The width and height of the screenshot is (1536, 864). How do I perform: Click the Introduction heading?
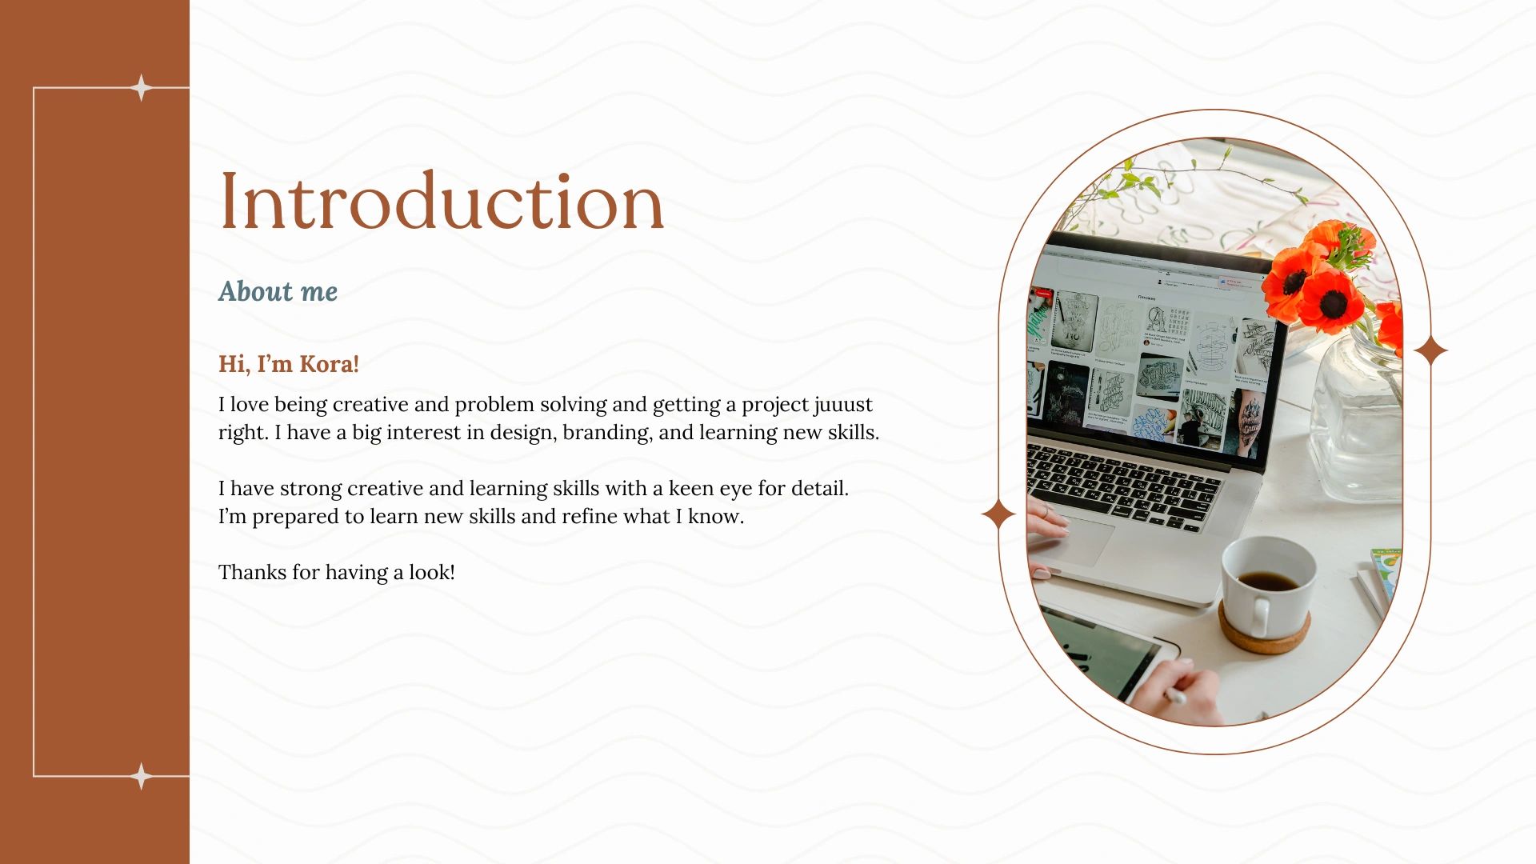tap(442, 201)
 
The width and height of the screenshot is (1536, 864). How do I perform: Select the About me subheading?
tap(278, 291)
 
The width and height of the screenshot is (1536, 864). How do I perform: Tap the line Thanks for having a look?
tap(337, 572)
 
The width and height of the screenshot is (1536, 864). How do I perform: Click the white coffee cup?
tap(1267, 583)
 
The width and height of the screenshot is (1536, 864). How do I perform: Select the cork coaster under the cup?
tap(1264, 632)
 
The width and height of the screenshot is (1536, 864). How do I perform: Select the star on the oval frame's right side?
tap(1430, 350)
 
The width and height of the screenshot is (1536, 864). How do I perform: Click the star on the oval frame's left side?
tap(998, 514)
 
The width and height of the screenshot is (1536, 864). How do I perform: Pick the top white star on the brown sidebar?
tap(142, 87)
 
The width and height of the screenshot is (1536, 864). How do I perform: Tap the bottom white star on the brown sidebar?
tap(142, 776)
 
